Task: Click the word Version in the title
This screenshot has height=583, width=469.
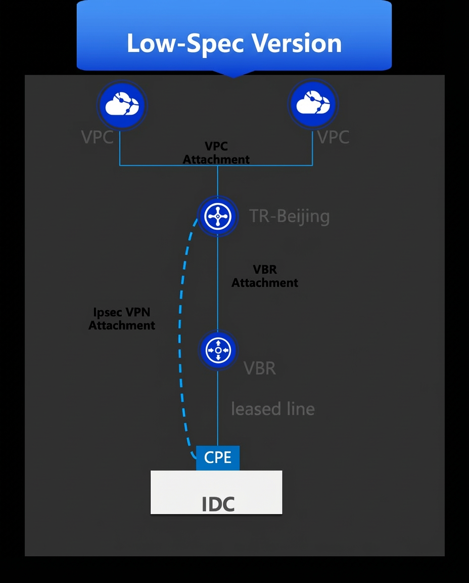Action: coord(297,43)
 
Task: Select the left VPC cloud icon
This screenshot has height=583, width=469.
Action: coord(122,105)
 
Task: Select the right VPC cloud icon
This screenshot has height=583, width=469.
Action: coord(313,104)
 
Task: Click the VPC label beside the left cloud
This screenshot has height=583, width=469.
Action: coord(98,137)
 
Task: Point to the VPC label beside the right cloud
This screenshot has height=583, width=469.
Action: coord(334,137)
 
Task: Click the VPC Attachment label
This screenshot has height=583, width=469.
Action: coord(216,153)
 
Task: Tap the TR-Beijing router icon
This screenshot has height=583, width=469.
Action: coord(218,216)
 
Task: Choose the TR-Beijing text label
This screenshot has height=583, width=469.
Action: coord(289,217)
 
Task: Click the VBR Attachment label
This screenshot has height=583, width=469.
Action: coord(265,276)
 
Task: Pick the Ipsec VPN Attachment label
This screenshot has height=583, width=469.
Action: coord(122,319)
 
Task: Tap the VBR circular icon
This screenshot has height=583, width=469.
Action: coord(218,350)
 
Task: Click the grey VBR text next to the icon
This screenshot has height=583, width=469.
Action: coord(260,368)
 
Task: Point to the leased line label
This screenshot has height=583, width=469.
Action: coord(273,408)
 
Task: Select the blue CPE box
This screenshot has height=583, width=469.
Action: coord(218,458)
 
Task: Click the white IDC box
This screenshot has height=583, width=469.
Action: coord(216,492)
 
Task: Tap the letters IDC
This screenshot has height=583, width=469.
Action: coord(218,504)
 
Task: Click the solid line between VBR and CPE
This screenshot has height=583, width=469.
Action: coord(218,407)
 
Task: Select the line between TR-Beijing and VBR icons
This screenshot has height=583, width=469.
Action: coord(218,283)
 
